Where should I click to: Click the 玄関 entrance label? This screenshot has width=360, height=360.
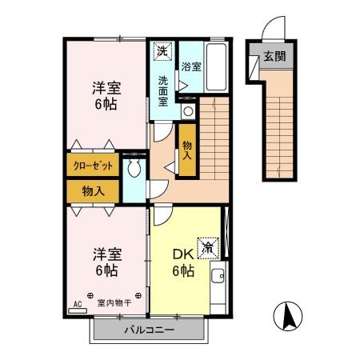[274, 58]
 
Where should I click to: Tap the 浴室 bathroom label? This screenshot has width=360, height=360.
[190, 68]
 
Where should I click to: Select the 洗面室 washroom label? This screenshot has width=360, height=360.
[163, 90]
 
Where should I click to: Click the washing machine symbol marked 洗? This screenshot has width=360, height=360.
[162, 51]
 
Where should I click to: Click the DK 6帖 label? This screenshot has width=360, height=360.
[182, 263]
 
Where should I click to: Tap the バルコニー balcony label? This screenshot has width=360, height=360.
[149, 330]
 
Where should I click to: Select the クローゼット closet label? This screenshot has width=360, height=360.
[93, 166]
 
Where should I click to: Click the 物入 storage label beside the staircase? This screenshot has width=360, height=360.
[187, 151]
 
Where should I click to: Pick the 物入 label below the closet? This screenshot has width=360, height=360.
[93, 190]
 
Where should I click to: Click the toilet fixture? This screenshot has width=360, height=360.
[134, 169]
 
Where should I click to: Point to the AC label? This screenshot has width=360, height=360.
[78, 304]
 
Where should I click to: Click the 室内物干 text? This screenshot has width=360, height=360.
[114, 303]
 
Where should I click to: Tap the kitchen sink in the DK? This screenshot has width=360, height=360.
[218, 280]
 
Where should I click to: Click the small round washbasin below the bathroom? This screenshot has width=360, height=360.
[187, 111]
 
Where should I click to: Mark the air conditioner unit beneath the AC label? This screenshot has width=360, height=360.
[78, 312]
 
